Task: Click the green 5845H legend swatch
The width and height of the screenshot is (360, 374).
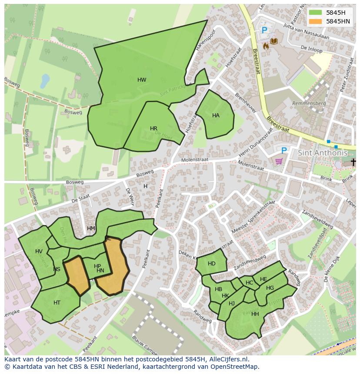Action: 316,13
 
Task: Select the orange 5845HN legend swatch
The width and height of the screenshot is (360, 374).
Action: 316,21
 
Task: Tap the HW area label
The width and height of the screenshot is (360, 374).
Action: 142,80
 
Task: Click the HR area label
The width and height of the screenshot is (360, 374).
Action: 153,129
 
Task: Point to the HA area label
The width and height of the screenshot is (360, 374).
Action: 216,116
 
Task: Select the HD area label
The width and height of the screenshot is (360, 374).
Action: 212,264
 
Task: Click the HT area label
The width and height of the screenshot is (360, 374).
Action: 57,303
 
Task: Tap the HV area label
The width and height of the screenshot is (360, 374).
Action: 39,252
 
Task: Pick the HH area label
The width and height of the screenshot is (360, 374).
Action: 255,314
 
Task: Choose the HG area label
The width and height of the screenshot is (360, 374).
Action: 270,288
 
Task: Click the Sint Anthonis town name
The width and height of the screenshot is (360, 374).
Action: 323,153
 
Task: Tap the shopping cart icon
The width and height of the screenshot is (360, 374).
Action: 279,161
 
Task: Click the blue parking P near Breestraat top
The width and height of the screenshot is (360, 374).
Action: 264,30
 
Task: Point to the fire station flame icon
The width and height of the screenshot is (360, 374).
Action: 266,45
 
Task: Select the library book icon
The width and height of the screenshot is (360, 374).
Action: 274,41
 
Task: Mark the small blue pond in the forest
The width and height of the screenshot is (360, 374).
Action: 44,80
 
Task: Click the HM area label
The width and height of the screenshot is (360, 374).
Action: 91,228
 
